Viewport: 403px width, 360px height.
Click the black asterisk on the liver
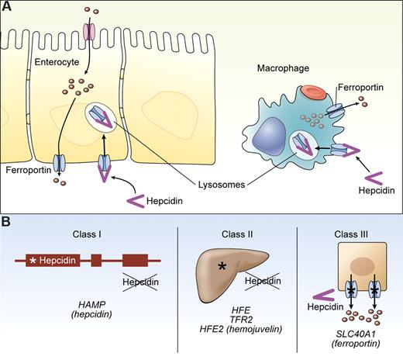point(222,268)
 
